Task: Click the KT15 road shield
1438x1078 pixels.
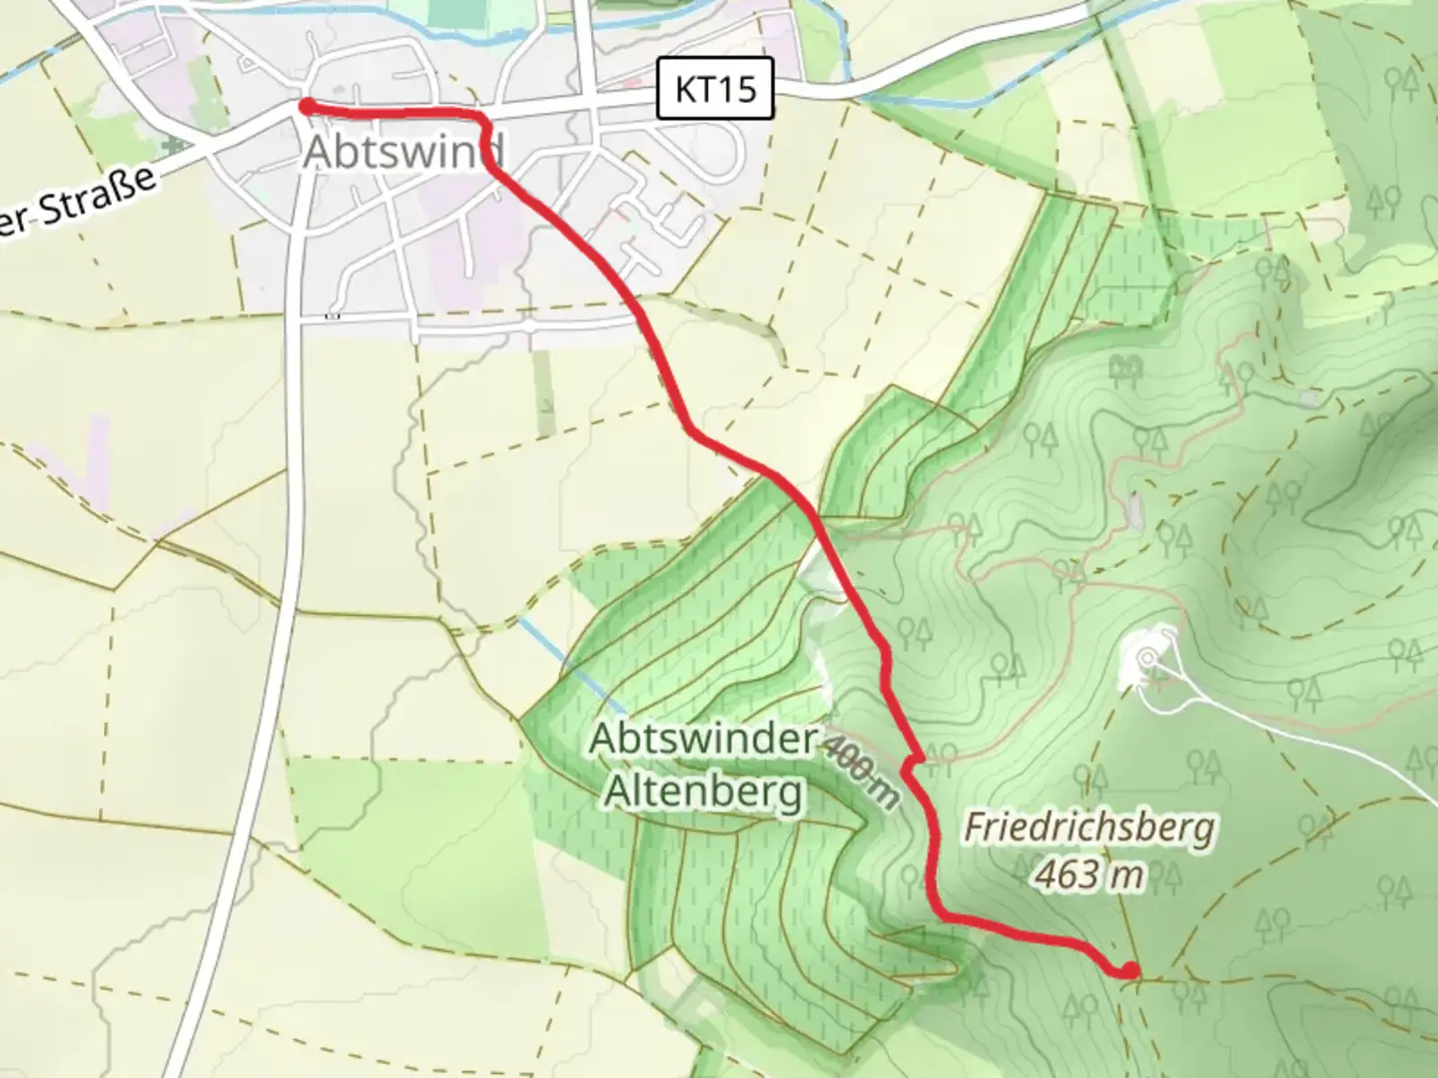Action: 715,89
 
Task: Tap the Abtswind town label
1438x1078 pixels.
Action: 403,152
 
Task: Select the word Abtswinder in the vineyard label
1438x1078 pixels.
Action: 702,740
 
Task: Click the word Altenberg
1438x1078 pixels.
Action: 704,792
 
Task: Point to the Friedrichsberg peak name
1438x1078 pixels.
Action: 1089,827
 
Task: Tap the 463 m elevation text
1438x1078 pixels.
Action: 1088,874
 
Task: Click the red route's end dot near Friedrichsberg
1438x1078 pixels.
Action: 1128,969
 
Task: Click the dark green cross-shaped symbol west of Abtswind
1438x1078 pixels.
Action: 176,146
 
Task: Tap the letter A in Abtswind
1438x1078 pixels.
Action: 319,152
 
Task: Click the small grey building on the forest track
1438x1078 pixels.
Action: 1134,510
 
